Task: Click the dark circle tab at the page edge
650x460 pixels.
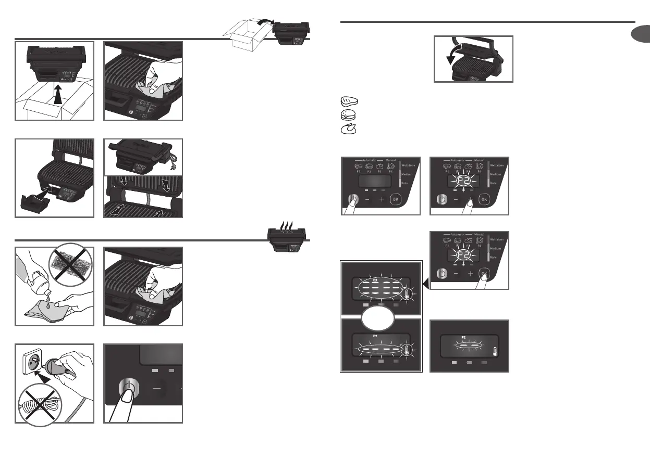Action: coord(642,35)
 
